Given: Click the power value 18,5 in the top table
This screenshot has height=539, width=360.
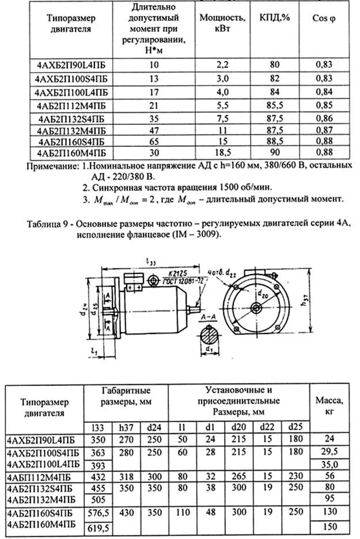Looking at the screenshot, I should point(215,152).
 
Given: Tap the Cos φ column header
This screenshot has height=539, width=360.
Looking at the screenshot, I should point(324,18).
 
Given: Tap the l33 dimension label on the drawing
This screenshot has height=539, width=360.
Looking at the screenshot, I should point(151,263).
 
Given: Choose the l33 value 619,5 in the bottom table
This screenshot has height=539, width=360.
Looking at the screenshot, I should point(98,527).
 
